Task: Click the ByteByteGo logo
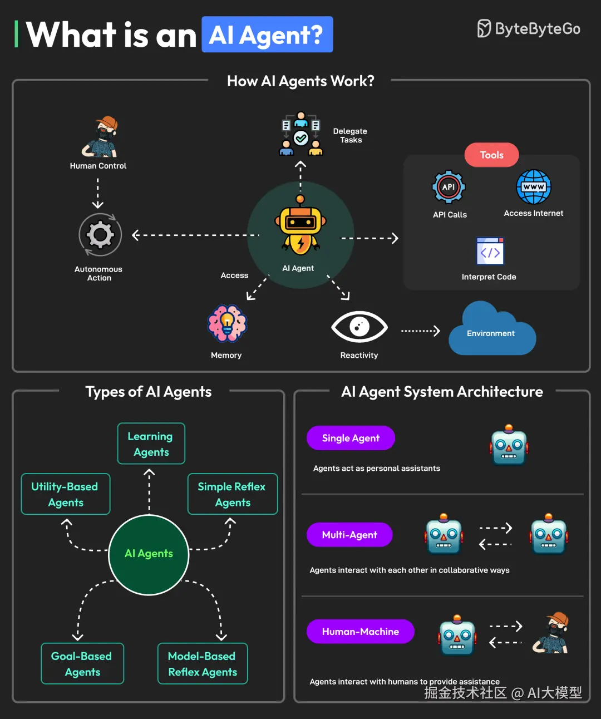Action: pyautogui.click(x=528, y=29)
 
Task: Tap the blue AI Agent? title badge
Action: pyautogui.click(x=267, y=35)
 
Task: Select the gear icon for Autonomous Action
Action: pyautogui.click(x=100, y=235)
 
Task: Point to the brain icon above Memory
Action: pyautogui.click(x=227, y=323)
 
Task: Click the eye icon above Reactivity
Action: pyautogui.click(x=359, y=327)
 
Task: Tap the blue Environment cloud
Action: pyautogui.click(x=491, y=331)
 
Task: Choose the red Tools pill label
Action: pyautogui.click(x=491, y=155)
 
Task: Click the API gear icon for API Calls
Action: pyautogui.click(x=449, y=187)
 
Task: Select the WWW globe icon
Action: pyautogui.click(x=533, y=187)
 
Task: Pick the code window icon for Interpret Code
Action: pyautogui.click(x=490, y=252)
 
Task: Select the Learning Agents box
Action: pyautogui.click(x=151, y=444)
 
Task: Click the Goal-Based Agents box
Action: pyautogui.click(x=82, y=663)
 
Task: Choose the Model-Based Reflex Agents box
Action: pyautogui.click(x=203, y=663)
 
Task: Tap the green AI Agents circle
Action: pyautogui.click(x=149, y=554)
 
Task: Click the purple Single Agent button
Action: pyautogui.click(x=351, y=438)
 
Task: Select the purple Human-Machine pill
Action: pyautogui.click(x=360, y=632)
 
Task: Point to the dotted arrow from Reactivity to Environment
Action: pyautogui.click(x=420, y=331)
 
